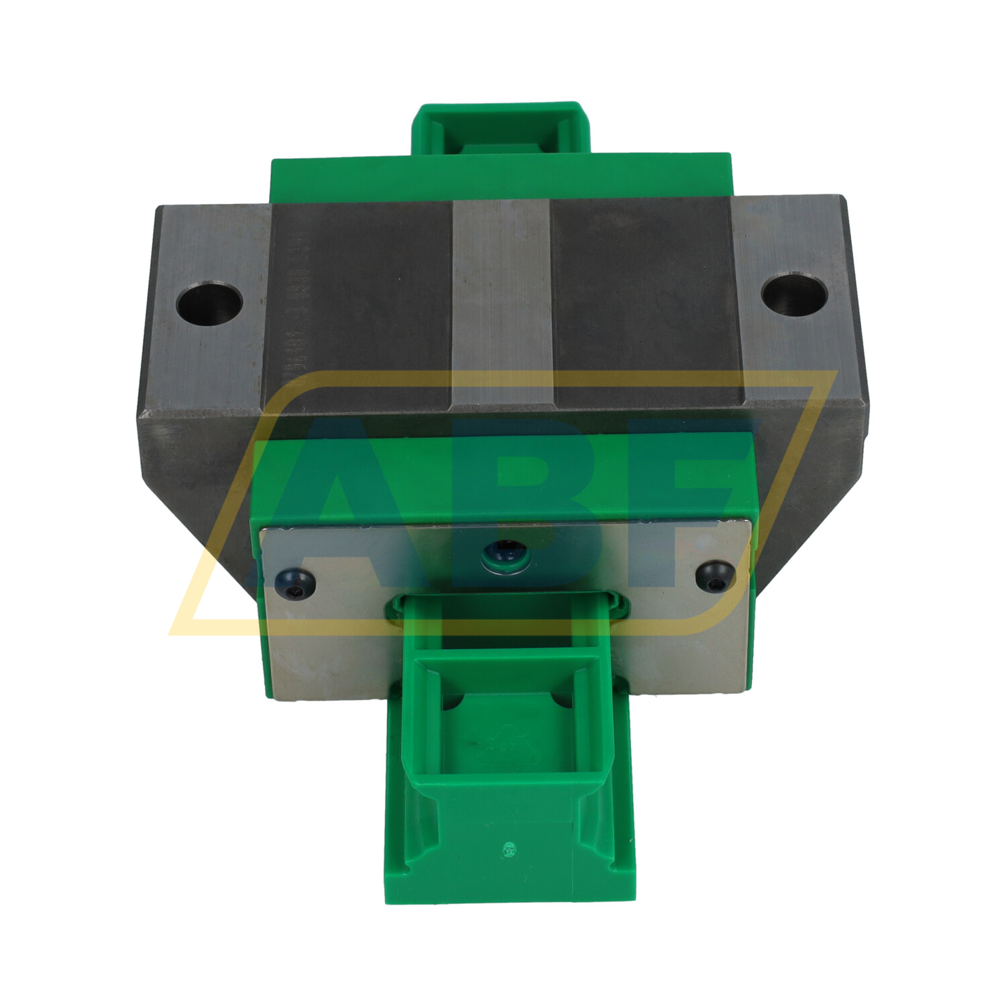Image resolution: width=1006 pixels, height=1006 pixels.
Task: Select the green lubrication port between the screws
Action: click(x=506, y=555)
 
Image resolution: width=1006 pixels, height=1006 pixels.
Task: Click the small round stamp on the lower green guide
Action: click(x=508, y=850)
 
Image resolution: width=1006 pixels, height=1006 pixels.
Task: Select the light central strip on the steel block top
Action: click(x=502, y=302)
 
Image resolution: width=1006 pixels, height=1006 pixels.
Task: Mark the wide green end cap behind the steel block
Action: click(x=500, y=176)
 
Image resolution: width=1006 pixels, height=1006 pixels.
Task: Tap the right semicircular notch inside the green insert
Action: click(x=562, y=700)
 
